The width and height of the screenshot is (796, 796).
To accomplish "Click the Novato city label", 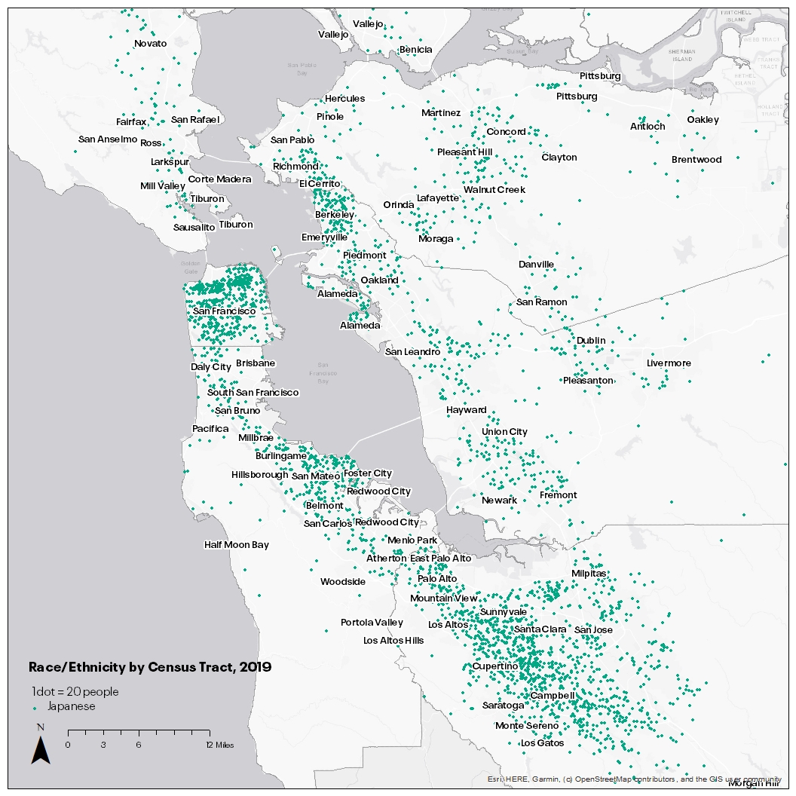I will pyautogui.click(x=150, y=44).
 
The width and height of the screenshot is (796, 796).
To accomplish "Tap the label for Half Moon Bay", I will pyautogui.click(x=236, y=545).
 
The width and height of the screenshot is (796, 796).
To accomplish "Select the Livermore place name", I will pyautogui.click(x=669, y=363).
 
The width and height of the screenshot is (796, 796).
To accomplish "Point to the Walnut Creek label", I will pyautogui.click(x=494, y=190).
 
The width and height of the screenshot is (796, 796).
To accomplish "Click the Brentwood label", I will pyautogui.click(x=696, y=160).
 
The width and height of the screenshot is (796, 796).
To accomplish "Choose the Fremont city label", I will pyautogui.click(x=558, y=495).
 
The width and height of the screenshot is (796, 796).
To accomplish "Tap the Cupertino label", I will pyautogui.click(x=494, y=666).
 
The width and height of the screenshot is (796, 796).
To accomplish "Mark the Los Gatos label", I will pyautogui.click(x=542, y=743).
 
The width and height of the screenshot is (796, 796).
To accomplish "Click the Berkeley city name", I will pyautogui.click(x=334, y=215).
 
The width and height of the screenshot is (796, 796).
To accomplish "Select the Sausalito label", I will pyautogui.click(x=194, y=227).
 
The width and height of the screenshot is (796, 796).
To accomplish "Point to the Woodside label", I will pyautogui.click(x=342, y=582).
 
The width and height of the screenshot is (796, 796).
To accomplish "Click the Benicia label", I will pyautogui.click(x=415, y=50).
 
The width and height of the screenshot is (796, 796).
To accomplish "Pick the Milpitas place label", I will pyautogui.click(x=588, y=574).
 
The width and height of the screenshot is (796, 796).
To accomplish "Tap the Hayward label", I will pyautogui.click(x=466, y=410).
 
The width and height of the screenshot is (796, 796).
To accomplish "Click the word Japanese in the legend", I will pyautogui.click(x=72, y=706).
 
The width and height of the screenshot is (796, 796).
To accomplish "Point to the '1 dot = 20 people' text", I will pyautogui.click(x=75, y=691).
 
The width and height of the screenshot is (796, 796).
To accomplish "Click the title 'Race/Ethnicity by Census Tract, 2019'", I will pyautogui.click(x=149, y=667).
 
